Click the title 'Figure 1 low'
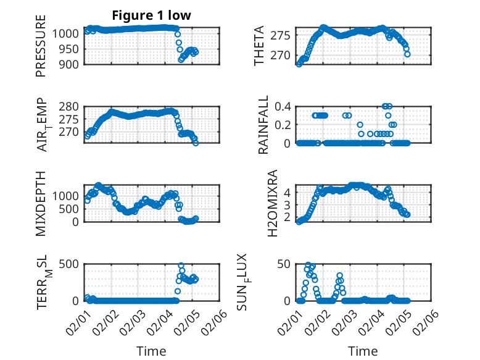151,15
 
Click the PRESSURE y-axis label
41,49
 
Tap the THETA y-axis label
260,46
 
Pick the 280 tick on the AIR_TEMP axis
69,106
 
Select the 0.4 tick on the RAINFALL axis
282,106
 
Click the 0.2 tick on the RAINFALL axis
282,124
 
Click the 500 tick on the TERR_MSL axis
69,264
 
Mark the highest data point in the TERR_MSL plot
181,266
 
